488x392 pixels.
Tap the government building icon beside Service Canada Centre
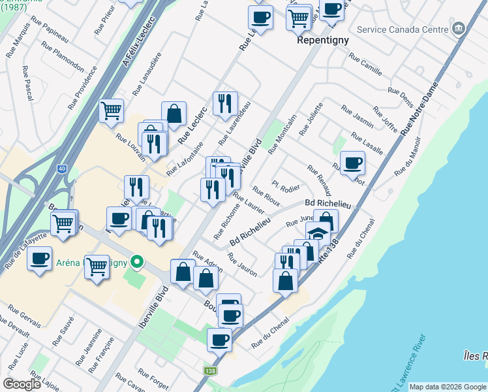coord(459,29)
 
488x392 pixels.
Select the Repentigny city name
coord(322,40)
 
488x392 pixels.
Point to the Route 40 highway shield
coord(61,169)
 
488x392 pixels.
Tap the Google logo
coord(22,384)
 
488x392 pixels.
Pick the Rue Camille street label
coord(365,64)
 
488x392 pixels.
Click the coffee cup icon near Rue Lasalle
coord(353,163)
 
